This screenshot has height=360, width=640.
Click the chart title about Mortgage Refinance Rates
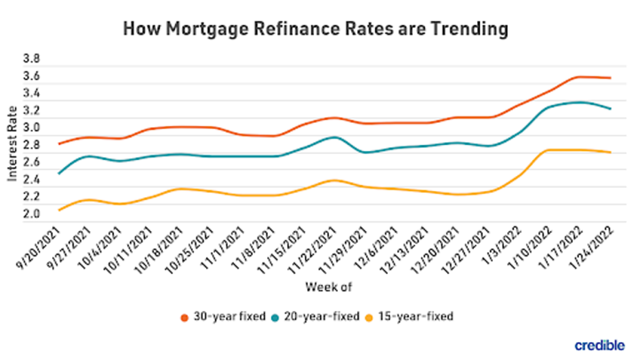[x=316, y=29]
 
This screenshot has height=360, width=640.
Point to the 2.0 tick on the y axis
[x=32, y=214]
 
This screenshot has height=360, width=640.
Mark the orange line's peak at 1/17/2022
[x=580, y=76]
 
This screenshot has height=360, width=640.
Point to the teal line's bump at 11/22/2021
[x=334, y=137]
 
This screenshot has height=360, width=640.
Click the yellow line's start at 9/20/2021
[x=60, y=210]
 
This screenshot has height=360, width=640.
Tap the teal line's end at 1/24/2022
[x=610, y=109]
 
